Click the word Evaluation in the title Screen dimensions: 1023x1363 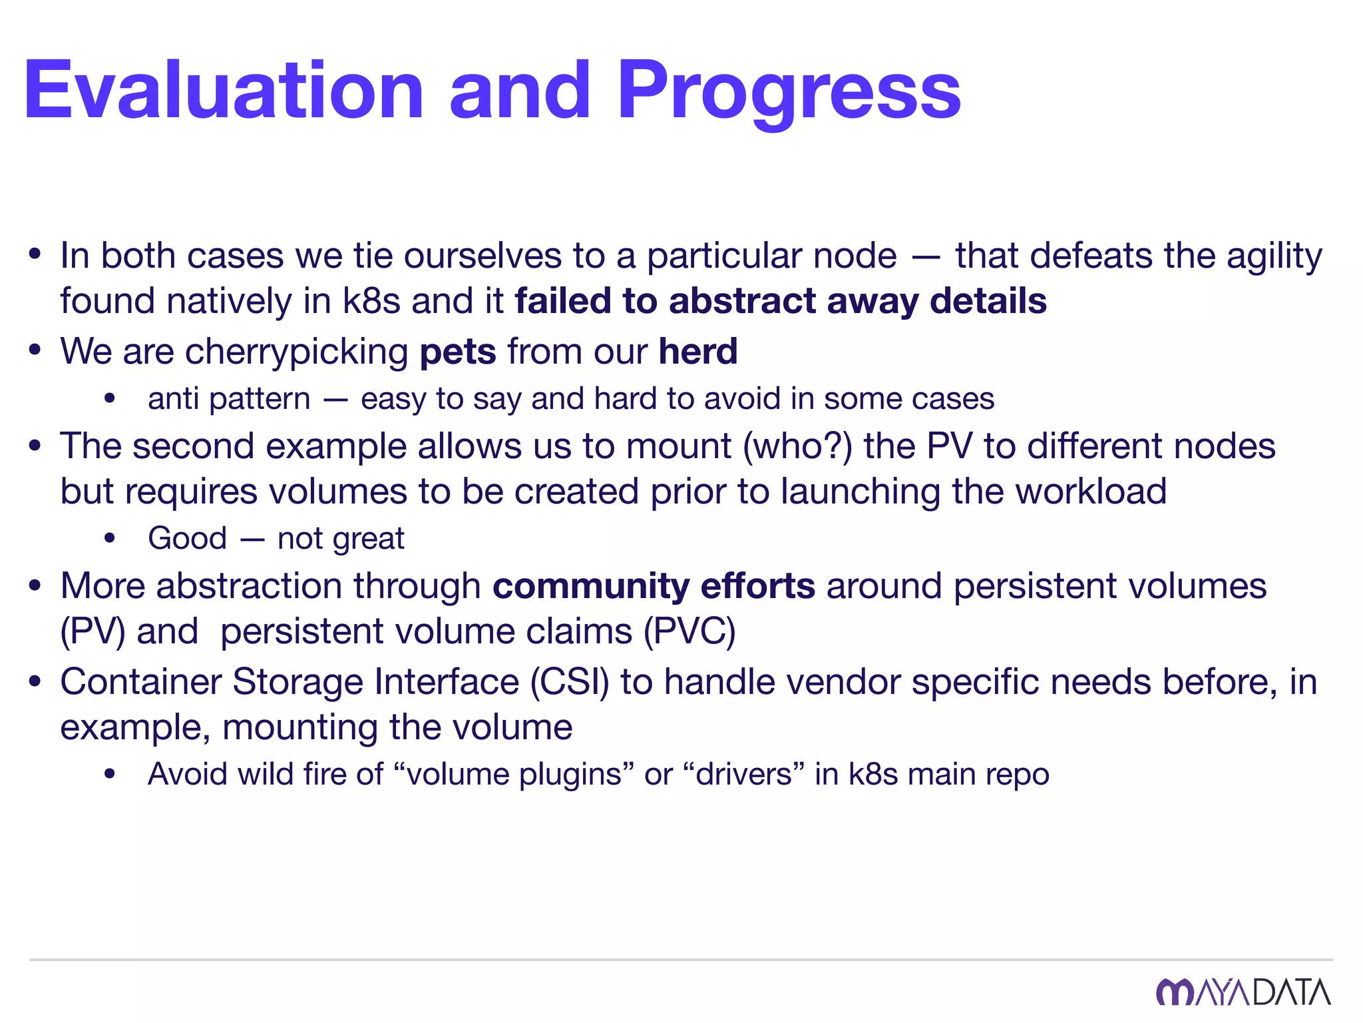pos(224,91)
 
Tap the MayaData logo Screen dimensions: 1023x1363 pos(1243,992)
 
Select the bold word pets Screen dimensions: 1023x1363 pos(458,351)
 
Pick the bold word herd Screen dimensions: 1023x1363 pos(698,351)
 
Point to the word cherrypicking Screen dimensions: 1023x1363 pos(297,351)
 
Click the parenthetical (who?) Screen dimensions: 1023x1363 pos(797,446)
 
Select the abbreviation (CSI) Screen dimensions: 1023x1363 pos(570,682)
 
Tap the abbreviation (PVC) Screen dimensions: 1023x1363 pos(689,631)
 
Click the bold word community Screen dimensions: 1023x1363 pos(590,586)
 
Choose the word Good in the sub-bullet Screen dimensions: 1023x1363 pos(187,538)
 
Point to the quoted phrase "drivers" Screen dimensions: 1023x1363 pos(743,774)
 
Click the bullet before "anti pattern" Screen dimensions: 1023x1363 pos(110,399)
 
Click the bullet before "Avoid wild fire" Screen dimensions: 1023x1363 pos(110,774)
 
